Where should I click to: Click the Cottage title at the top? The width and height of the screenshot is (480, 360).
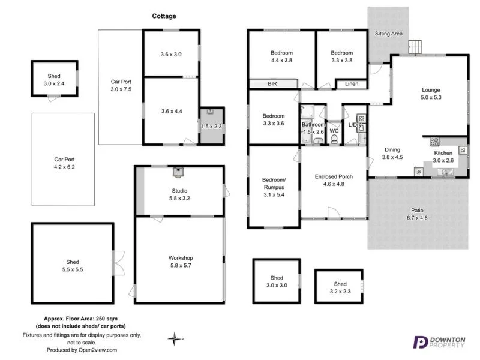[164, 16]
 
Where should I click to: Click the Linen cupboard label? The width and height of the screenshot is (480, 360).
[352, 84]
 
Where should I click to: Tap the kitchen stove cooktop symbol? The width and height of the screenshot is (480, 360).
[434, 143]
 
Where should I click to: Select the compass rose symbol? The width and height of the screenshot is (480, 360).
[175, 339]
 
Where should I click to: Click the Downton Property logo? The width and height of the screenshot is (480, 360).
[440, 342]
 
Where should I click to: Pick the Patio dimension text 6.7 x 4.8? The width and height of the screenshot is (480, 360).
[418, 218]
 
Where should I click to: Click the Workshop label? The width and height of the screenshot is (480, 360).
[181, 258]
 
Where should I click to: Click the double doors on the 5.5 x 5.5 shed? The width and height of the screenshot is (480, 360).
[119, 262]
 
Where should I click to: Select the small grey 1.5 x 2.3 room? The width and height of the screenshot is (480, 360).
[211, 125]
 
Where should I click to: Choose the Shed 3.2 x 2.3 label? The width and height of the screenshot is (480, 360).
[340, 287]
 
